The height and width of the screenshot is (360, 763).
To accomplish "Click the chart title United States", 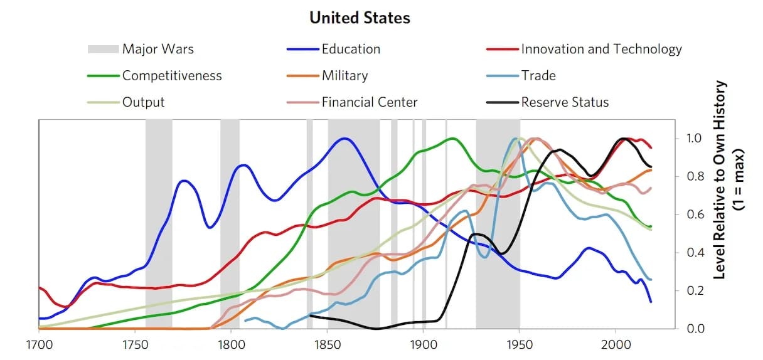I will pyautogui.click(x=360, y=18).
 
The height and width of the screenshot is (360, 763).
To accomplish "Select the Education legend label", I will pyautogui.click(x=351, y=49).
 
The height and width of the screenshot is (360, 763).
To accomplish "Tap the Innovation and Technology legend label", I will pyautogui.click(x=600, y=49).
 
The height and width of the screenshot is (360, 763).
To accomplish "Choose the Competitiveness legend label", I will pyautogui.click(x=172, y=76).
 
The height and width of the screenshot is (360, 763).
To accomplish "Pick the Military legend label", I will pyautogui.click(x=344, y=76).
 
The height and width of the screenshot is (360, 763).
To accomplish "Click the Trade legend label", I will pyautogui.click(x=538, y=76).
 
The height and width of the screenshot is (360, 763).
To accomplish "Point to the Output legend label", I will pyautogui.click(x=143, y=102).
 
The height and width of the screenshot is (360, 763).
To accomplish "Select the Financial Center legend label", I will pyautogui.click(x=370, y=102).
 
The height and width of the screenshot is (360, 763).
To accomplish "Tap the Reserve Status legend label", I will pyautogui.click(x=565, y=102).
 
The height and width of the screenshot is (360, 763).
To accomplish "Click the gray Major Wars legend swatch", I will pyautogui.click(x=102, y=49).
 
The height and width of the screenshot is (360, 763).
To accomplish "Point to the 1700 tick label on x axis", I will pyautogui.click(x=39, y=344).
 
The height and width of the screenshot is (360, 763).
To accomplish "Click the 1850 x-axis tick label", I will pyautogui.click(x=327, y=344).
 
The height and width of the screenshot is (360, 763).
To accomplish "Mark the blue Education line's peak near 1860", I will pyautogui.click(x=344, y=138).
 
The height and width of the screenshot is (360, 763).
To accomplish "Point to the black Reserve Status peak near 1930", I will pyautogui.click(x=477, y=234).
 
